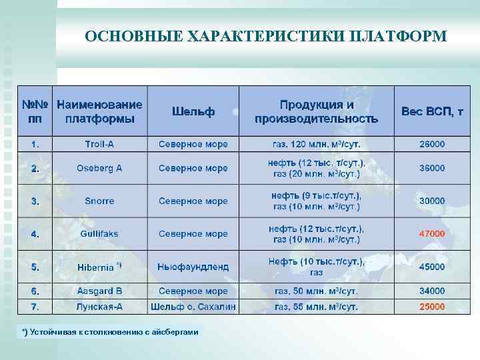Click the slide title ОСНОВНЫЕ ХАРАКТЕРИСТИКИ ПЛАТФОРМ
pos(266,36)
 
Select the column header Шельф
pos(193,111)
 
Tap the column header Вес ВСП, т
pos(432,111)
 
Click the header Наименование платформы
pos(100,111)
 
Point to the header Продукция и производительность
pos(316,111)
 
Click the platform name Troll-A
pos(99,144)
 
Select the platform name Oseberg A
pos(99,168)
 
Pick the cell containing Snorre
pos(99,201)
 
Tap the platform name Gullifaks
pos(99,234)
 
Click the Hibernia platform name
pos(96,267)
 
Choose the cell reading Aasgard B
pos(99,291)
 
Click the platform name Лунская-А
pos(99,307)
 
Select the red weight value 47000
pos(432,234)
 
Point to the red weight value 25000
pos(432,307)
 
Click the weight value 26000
pos(432,144)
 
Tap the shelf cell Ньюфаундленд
pos(193,267)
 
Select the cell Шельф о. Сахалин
pos(193,307)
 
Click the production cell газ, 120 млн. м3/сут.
pos(316,144)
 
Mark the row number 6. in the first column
pos(35,291)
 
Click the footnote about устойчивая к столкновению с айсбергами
pos(110,332)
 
